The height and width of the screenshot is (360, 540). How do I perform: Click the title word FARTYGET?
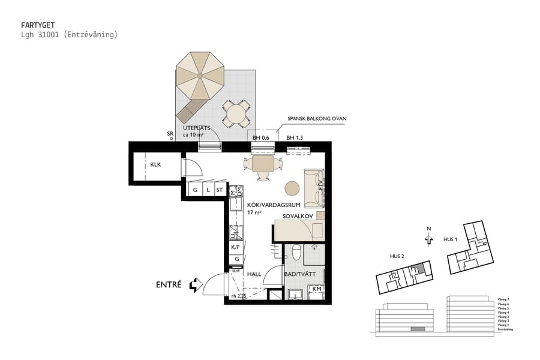(x=37, y=26)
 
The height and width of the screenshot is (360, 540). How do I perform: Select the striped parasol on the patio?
(x=200, y=76)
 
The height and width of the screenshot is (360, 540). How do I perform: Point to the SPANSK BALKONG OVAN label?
(x=317, y=119)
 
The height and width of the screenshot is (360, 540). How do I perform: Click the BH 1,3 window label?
(x=295, y=139)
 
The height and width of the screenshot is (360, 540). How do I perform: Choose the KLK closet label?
(x=156, y=164)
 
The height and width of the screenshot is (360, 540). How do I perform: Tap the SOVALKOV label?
(x=296, y=215)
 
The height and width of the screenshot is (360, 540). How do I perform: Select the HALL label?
(x=254, y=274)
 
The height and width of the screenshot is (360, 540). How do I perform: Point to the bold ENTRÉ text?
(x=169, y=284)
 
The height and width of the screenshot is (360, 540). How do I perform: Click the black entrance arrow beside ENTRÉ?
(x=195, y=284)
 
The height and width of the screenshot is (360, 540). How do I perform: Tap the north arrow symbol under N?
(x=428, y=239)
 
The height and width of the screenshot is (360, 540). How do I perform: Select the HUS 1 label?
(x=450, y=239)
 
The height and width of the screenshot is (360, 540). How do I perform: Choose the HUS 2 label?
(x=397, y=257)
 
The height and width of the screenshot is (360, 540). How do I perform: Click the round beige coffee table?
(x=292, y=188)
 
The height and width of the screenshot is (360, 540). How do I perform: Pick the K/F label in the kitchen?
(x=236, y=247)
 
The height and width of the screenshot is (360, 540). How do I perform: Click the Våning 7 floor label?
(x=503, y=298)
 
